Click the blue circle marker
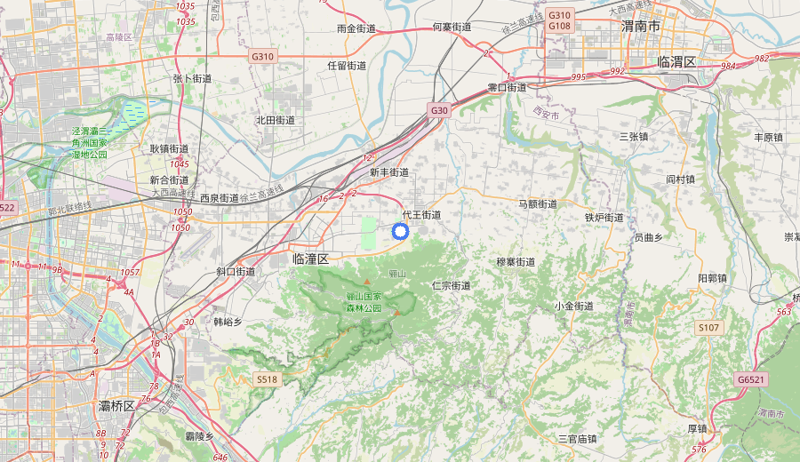click(400, 232)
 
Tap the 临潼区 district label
click(310, 259)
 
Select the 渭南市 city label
click(641, 28)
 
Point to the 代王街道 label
click(421, 215)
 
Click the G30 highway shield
click(439, 110)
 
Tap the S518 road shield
click(267, 379)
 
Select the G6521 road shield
click(750, 379)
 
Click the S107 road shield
click(708, 328)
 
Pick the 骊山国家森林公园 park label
click(364, 302)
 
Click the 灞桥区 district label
click(116, 406)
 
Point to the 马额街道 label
click(538, 204)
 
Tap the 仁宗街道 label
click(451, 286)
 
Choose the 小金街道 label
click(573, 306)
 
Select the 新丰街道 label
click(389, 172)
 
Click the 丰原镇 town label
click(768, 138)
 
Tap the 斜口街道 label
click(236, 272)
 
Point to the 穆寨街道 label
click(516, 262)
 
